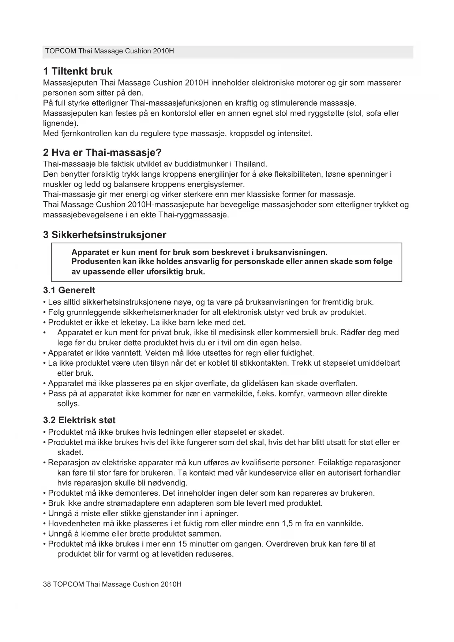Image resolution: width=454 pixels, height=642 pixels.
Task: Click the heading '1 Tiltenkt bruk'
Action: coord(78,71)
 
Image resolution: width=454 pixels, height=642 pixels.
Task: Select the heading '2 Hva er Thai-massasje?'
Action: coord(102,152)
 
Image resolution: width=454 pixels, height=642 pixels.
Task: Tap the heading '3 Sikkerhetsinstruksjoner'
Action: coord(105,235)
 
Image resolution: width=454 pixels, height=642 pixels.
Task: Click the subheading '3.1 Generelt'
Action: coord(69,290)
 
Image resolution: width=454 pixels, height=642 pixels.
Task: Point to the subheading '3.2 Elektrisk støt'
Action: coord(79,420)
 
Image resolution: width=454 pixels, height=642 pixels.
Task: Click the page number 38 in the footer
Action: coord(47,584)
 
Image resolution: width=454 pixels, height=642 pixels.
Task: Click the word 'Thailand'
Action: coord(250,164)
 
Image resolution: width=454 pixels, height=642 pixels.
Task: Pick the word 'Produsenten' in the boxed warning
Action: coord(94,262)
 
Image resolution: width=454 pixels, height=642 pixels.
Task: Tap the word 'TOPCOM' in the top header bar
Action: coord(60,51)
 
